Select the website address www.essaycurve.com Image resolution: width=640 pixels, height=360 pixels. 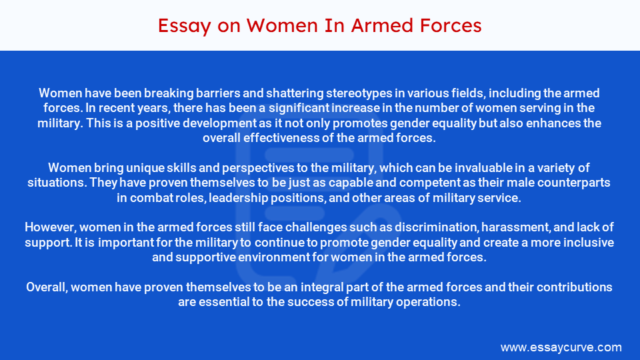[561, 347]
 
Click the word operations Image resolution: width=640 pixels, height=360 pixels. [431, 302]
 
